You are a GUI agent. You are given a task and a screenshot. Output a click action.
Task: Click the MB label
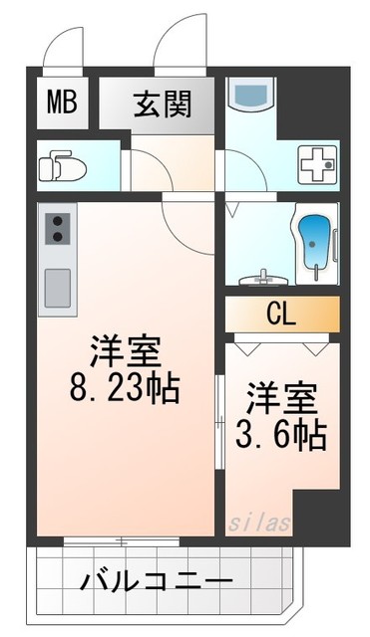pos(61,103)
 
